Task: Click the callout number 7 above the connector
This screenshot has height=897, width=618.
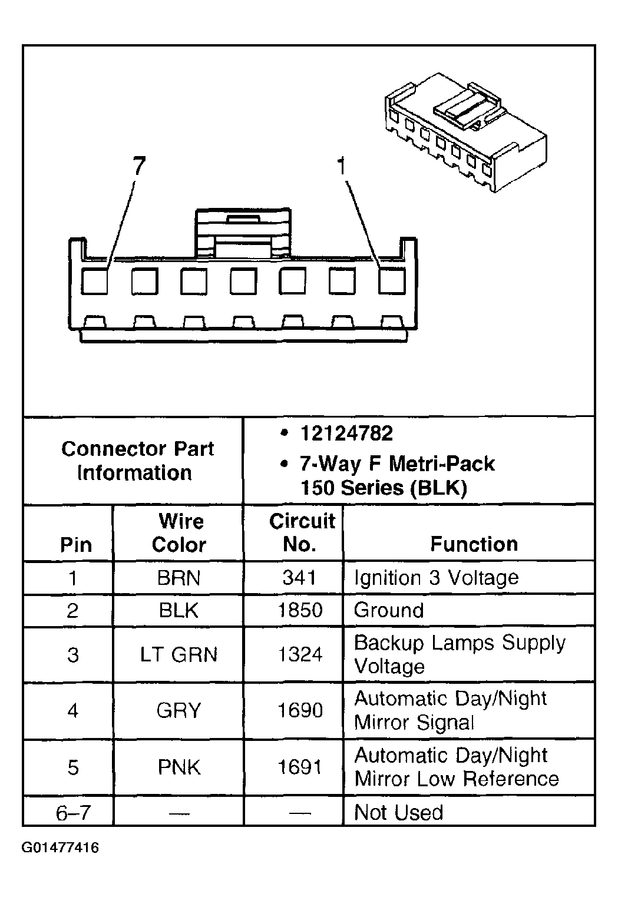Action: pyautogui.click(x=138, y=167)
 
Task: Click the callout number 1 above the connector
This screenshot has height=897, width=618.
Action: pyautogui.click(x=341, y=167)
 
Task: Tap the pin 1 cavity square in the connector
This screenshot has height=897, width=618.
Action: pyautogui.click(x=391, y=281)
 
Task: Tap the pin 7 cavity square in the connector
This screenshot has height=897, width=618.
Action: pyautogui.click(x=94, y=281)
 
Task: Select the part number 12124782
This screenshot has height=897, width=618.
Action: pyautogui.click(x=346, y=434)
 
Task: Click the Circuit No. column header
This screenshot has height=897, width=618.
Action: pyautogui.click(x=300, y=532)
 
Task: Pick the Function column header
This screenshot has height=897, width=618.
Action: pyautogui.click(x=474, y=544)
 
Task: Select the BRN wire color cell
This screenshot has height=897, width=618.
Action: pyautogui.click(x=179, y=578)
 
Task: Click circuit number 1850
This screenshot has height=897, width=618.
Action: pyautogui.click(x=300, y=610)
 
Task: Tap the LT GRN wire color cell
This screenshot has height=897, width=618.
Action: pyautogui.click(x=179, y=655)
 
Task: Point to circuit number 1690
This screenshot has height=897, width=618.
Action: pyautogui.click(x=300, y=711)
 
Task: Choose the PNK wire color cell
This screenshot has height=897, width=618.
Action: pyautogui.click(x=179, y=767)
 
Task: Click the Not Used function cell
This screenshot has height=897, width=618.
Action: pyautogui.click(x=398, y=812)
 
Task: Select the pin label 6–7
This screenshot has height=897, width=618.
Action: pyautogui.click(x=73, y=813)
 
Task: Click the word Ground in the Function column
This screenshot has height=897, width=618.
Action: pyautogui.click(x=389, y=610)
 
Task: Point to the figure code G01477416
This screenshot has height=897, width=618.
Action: pyautogui.click(x=61, y=848)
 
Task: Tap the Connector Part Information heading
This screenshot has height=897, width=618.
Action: pyautogui.click(x=137, y=461)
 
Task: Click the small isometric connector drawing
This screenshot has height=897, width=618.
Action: pyautogui.click(x=465, y=133)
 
